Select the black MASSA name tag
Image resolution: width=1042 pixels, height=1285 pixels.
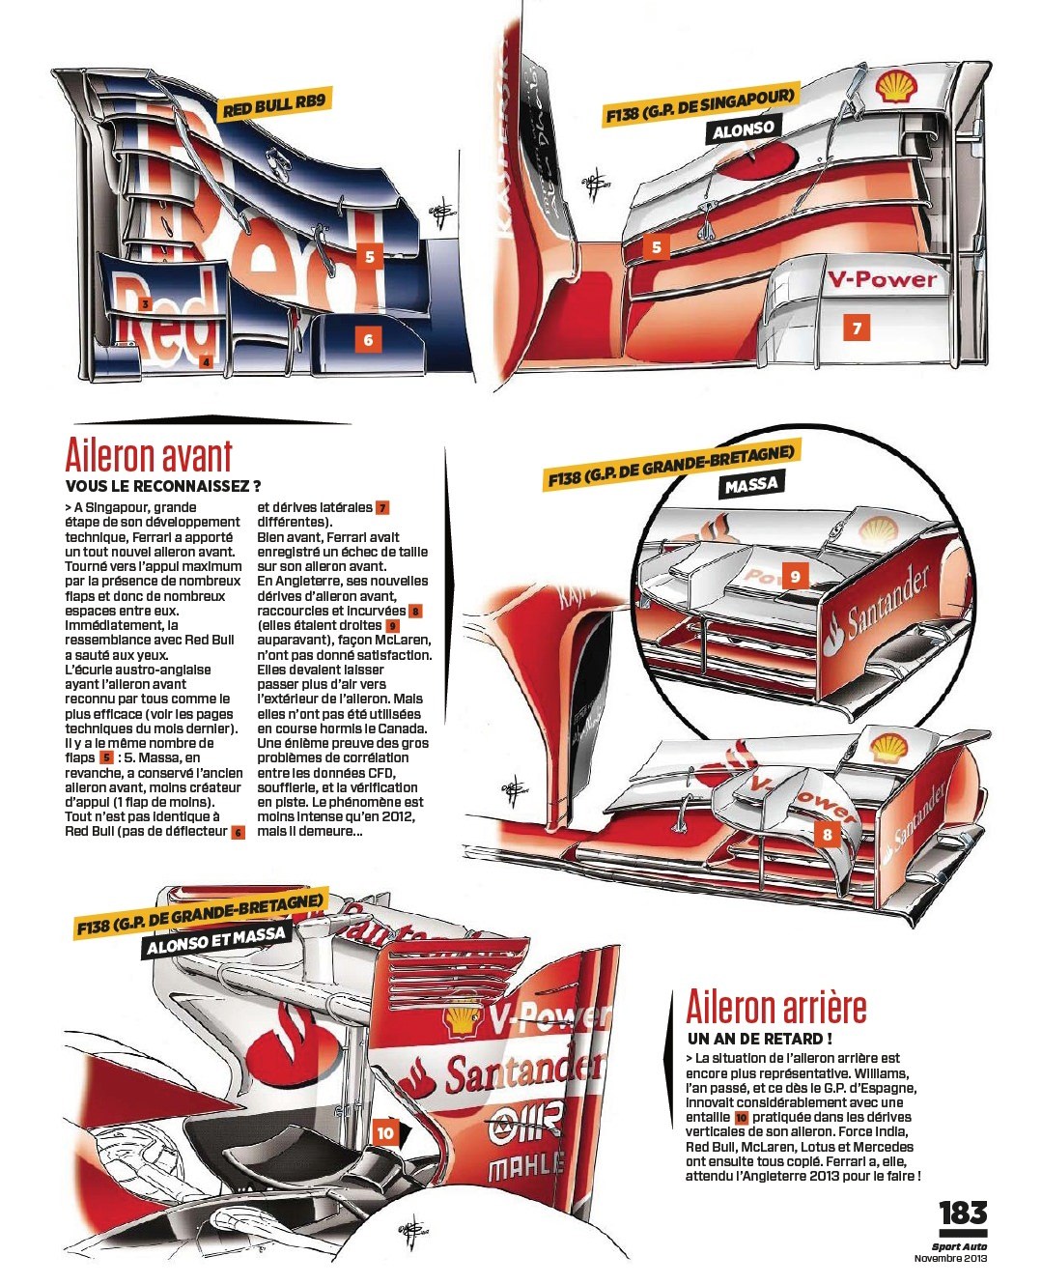click(x=751, y=484)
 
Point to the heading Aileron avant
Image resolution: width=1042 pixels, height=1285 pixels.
click(x=149, y=456)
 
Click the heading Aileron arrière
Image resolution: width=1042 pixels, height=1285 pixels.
click(x=776, y=1007)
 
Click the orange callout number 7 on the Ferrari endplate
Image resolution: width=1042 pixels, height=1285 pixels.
click(x=857, y=328)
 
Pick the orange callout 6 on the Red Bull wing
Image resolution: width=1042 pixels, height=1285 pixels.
click(x=369, y=340)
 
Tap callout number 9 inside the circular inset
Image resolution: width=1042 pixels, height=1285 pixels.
click(x=796, y=576)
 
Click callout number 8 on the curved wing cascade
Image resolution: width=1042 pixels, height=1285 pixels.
click(x=828, y=835)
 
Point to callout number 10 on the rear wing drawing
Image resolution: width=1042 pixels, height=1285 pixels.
click(x=385, y=1133)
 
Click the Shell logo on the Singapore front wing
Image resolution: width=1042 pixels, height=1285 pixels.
click(x=897, y=89)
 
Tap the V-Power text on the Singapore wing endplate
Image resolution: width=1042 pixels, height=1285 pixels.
click(x=882, y=278)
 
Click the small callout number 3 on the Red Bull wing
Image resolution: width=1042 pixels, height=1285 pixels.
click(x=145, y=304)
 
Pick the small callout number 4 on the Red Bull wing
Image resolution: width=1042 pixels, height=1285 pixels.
click(x=207, y=362)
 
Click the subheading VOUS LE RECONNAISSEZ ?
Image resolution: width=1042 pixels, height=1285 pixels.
click(x=163, y=486)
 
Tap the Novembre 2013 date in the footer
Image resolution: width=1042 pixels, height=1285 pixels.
click(x=950, y=1258)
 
